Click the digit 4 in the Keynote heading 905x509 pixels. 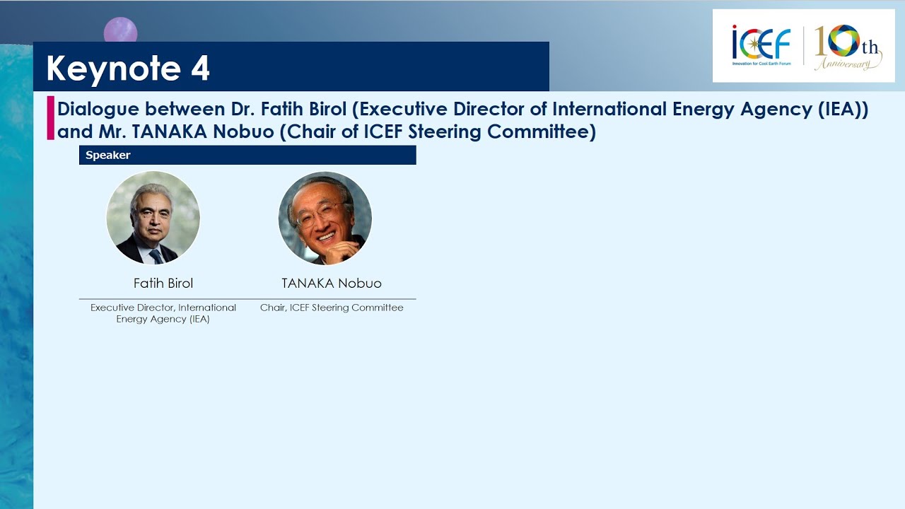pyautogui.click(x=200, y=67)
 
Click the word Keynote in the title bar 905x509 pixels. pyautogui.click(x=114, y=69)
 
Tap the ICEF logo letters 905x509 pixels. pyautogui.click(x=761, y=42)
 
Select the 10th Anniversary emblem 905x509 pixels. pyautogui.click(x=848, y=47)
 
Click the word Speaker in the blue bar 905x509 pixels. pyautogui.click(x=108, y=155)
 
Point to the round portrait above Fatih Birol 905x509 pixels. pyautogui.click(x=153, y=218)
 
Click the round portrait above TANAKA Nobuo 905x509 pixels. pyautogui.click(x=325, y=218)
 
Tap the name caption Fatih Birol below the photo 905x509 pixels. pyautogui.click(x=163, y=283)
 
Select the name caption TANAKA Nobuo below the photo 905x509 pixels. pyautogui.click(x=332, y=283)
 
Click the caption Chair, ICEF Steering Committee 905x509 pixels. pyautogui.click(x=332, y=308)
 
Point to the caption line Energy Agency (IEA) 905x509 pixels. pyautogui.click(x=163, y=319)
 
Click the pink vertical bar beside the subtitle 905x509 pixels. pyautogui.click(x=50, y=118)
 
